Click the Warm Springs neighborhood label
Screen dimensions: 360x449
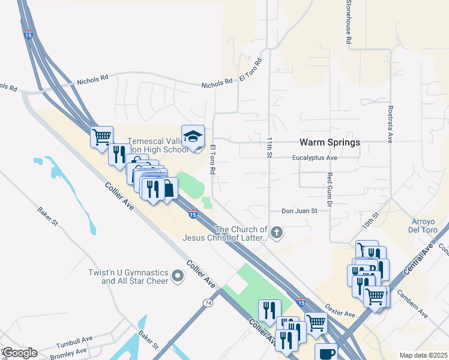tap(330, 143)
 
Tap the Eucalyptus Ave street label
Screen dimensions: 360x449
tap(315, 158)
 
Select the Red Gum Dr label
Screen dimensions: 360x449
tap(330, 187)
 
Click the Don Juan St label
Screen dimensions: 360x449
tap(299, 211)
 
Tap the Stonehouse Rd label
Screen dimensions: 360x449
tap(348, 22)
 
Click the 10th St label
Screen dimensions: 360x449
tap(370, 222)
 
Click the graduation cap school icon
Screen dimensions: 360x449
tap(193, 137)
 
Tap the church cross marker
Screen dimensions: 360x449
tap(276, 232)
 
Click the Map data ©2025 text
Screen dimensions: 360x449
tap(423, 355)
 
